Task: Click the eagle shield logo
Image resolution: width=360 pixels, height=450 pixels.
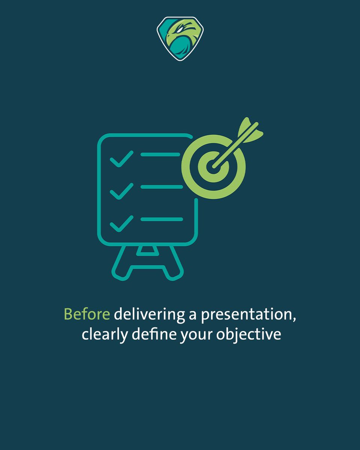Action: coord(177,38)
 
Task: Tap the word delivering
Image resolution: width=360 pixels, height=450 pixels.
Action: coord(150,315)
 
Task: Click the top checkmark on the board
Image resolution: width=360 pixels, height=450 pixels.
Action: coord(121,159)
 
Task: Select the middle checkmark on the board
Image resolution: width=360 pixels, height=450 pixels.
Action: coord(121,191)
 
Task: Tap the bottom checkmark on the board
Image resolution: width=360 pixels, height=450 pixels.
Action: coord(121,223)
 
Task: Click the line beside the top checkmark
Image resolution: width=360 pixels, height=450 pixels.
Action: coord(160,154)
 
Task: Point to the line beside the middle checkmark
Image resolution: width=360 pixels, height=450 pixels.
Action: coord(161,187)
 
